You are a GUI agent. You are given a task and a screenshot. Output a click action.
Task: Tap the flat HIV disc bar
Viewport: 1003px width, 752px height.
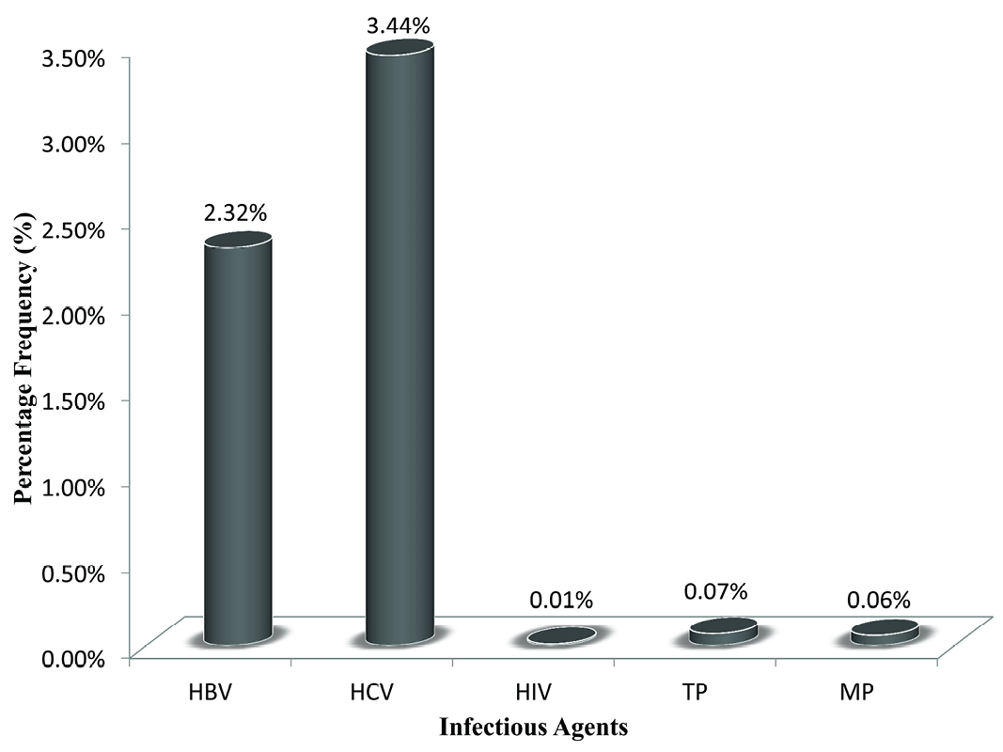pos(561,636)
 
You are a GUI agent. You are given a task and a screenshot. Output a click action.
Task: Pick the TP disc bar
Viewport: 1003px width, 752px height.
pos(722,632)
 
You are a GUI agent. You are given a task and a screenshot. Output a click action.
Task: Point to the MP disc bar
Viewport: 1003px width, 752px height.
pos(884,633)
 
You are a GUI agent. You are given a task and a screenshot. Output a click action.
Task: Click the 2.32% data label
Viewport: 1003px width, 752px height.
pos(235,213)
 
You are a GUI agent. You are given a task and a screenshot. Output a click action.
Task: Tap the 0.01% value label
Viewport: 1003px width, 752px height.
pos(561,600)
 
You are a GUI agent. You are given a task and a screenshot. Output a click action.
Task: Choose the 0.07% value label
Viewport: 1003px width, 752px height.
pos(716,591)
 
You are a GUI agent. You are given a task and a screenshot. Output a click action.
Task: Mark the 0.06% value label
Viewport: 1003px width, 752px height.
pos(878,598)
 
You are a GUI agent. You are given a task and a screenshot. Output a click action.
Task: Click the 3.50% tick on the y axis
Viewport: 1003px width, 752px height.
pos(71,58)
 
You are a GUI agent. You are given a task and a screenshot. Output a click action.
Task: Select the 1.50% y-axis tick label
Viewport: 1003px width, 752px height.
pos(71,400)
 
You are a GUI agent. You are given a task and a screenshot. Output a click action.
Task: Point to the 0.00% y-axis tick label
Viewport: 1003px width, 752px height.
pos(71,657)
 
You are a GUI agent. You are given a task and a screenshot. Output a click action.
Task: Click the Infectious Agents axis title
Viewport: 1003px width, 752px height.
pos(534,727)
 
